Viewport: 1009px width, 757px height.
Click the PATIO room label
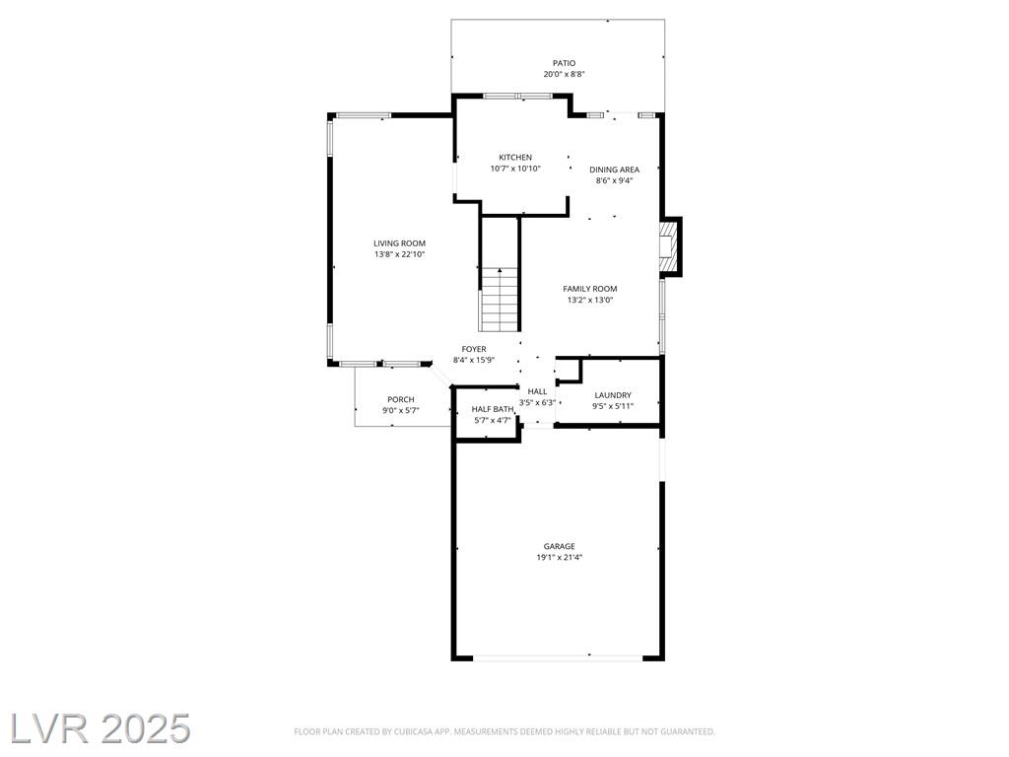pyautogui.click(x=564, y=63)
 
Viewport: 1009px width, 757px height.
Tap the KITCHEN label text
pyautogui.click(x=515, y=157)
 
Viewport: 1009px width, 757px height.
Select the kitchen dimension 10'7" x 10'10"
pyautogui.click(x=515, y=169)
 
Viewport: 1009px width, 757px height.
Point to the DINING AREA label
pyautogui.click(x=615, y=170)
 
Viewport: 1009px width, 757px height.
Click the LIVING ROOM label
pyautogui.click(x=400, y=243)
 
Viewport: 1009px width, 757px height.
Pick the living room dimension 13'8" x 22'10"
pyautogui.click(x=400, y=255)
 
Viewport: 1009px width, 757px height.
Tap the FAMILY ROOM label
pyautogui.click(x=590, y=289)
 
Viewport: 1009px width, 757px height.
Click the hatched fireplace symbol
pyautogui.click(x=669, y=247)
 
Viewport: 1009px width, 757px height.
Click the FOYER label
pyautogui.click(x=474, y=349)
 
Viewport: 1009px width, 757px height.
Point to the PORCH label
pyautogui.click(x=401, y=400)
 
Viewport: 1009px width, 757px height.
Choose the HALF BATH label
pyautogui.click(x=493, y=409)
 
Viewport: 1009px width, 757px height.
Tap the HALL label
pyautogui.click(x=537, y=391)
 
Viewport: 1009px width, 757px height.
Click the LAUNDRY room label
pyautogui.click(x=613, y=395)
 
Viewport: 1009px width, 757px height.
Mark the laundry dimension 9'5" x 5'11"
pyautogui.click(x=613, y=406)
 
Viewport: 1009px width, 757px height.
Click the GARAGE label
pyautogui.click(x=560, y=546)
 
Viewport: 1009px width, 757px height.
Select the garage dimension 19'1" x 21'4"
pyautogui.click(x=560, y=558)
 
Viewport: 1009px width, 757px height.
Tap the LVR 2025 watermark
pyautogui.click(x=100, y=728)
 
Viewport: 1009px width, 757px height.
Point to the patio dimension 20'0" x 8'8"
pyautogui.click(x=564, y=74)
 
